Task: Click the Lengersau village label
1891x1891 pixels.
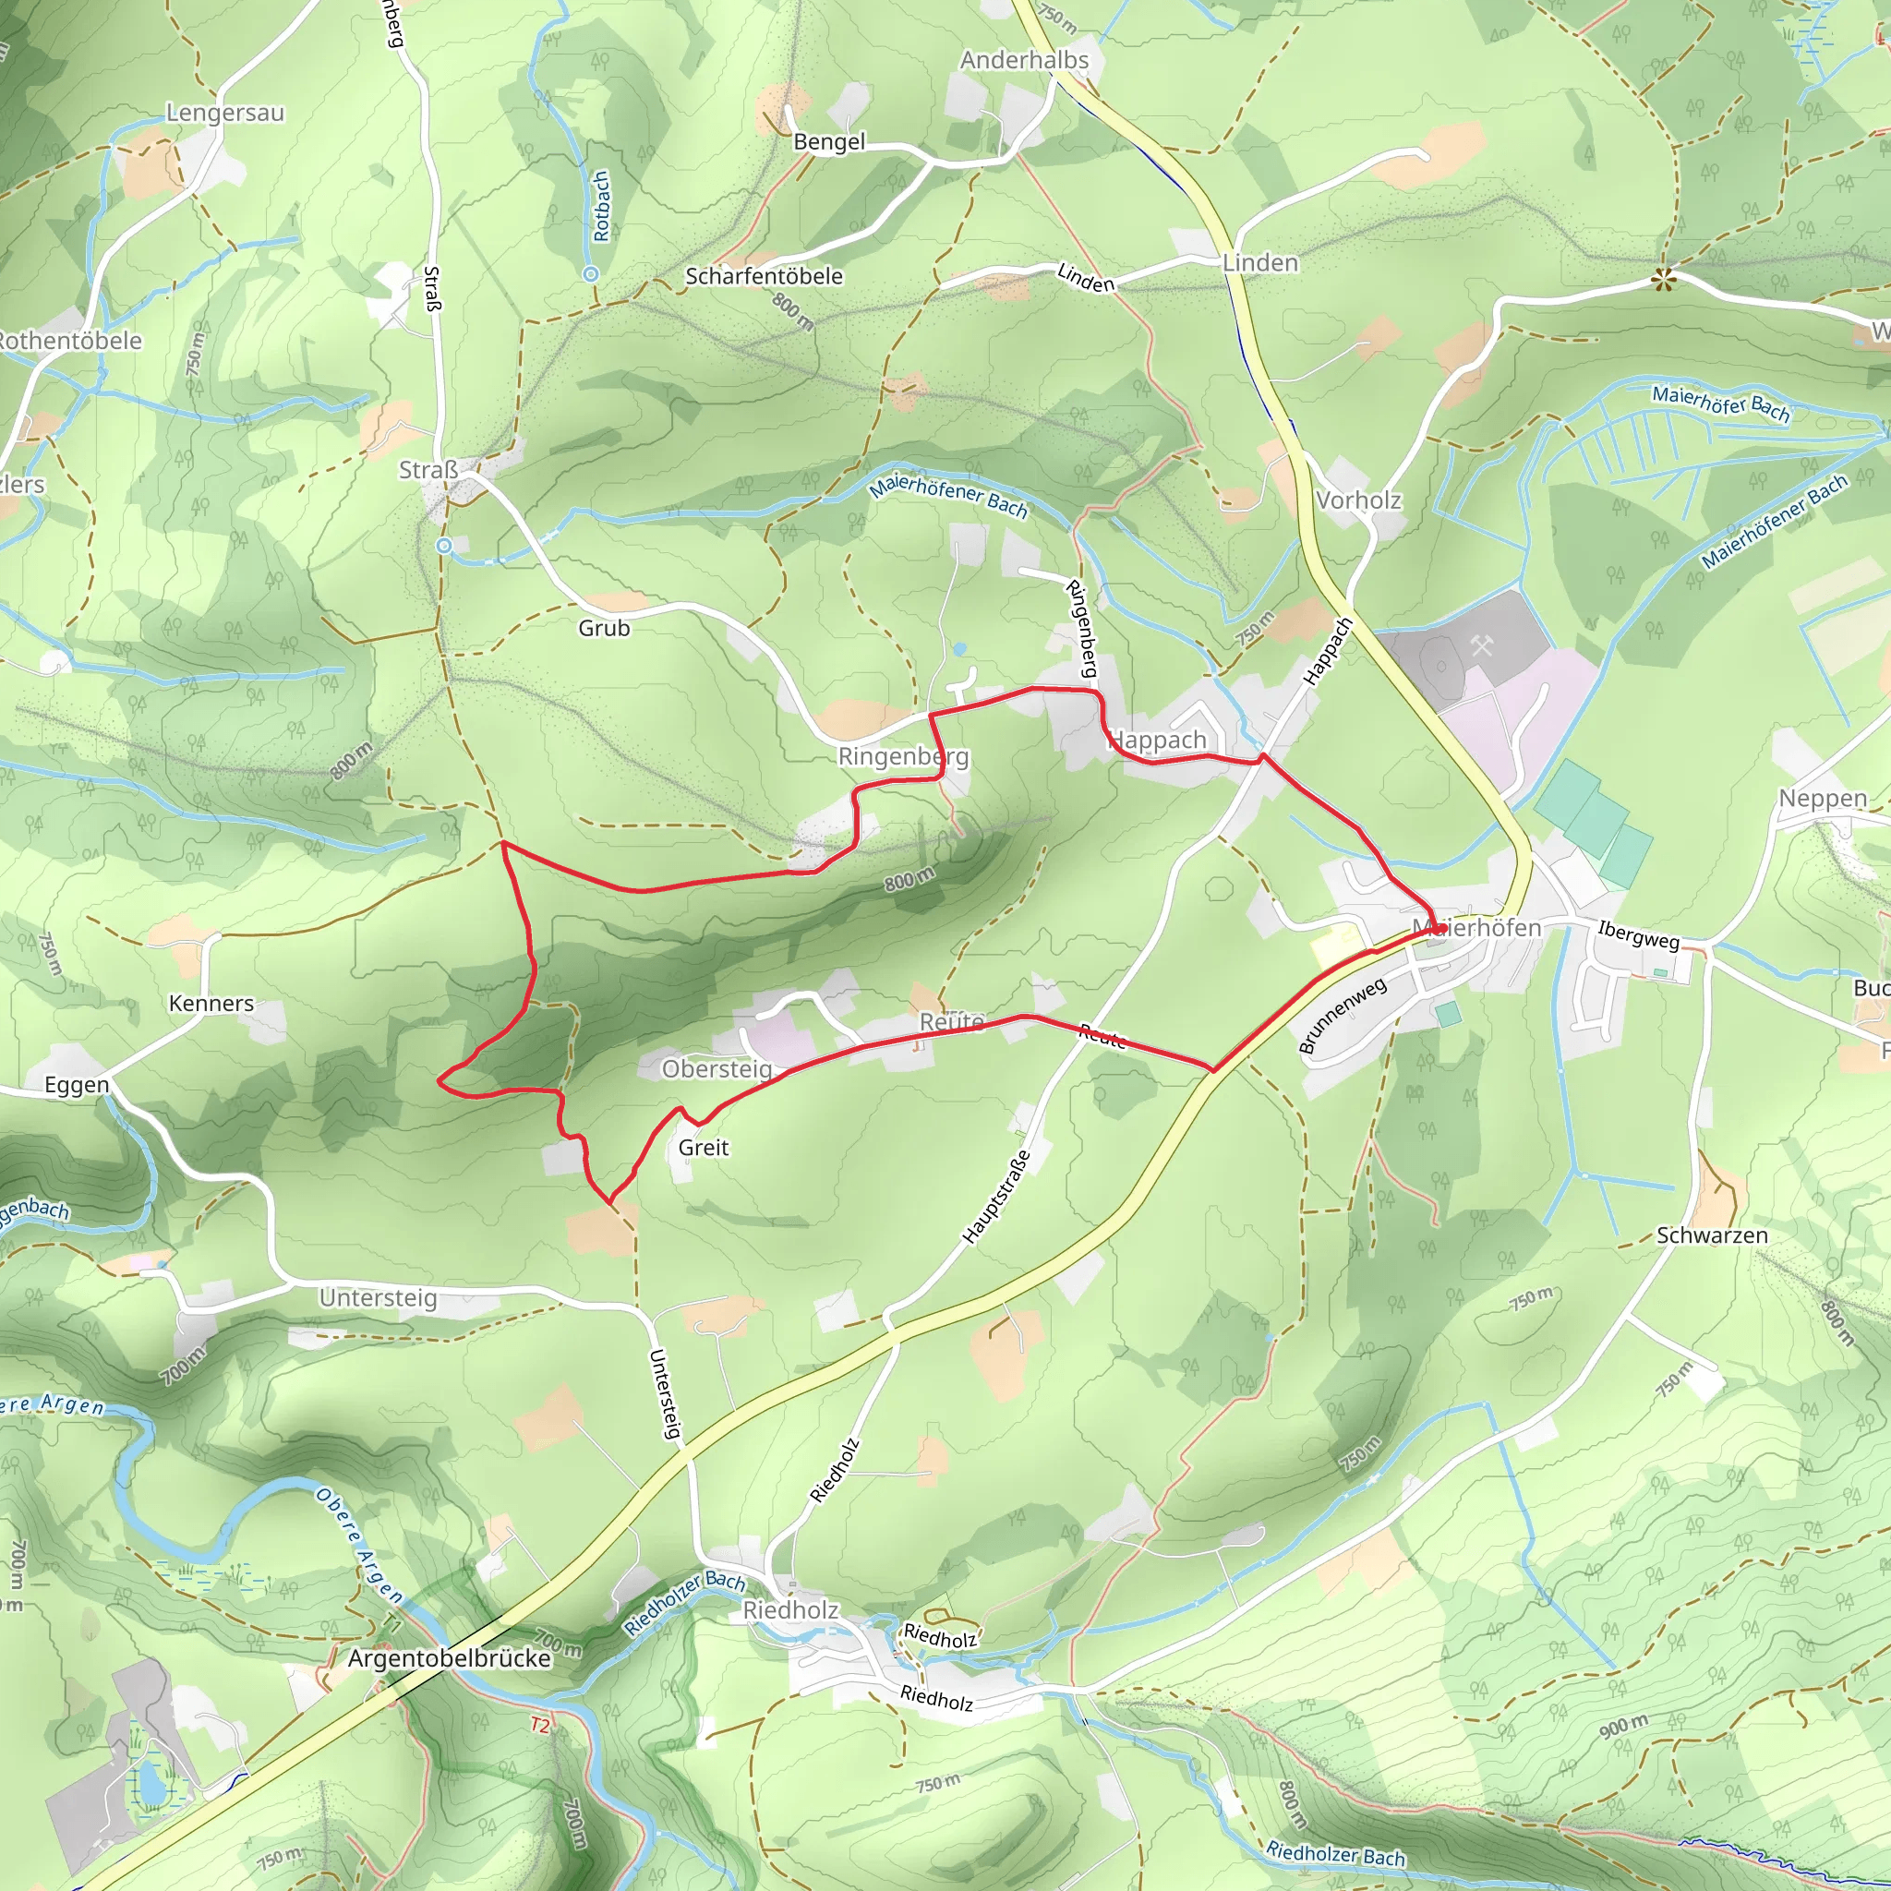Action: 225,113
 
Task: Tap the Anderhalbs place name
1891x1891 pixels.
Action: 1024,61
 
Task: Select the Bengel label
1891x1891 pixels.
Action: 829,142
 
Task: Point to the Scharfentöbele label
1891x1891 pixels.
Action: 764,277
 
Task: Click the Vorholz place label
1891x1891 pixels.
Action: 1357,500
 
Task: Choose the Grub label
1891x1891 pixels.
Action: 604,629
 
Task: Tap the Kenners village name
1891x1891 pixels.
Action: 211,1004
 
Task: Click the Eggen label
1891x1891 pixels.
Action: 78,1085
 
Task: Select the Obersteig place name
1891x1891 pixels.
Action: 717,1069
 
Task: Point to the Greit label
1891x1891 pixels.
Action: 704,1147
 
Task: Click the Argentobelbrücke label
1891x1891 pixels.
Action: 450,1658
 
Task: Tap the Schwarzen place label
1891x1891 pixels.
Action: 1712,1235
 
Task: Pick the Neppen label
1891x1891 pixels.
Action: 1823,798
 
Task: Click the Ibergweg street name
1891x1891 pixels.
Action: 1639,934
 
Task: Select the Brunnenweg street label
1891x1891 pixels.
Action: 1342,1015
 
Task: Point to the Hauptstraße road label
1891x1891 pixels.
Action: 996,1196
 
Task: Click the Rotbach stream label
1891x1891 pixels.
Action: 601,206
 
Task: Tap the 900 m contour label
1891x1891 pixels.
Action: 1623,1727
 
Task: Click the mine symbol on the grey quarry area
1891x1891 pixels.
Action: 1482,645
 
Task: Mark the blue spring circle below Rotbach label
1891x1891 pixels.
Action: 590,275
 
